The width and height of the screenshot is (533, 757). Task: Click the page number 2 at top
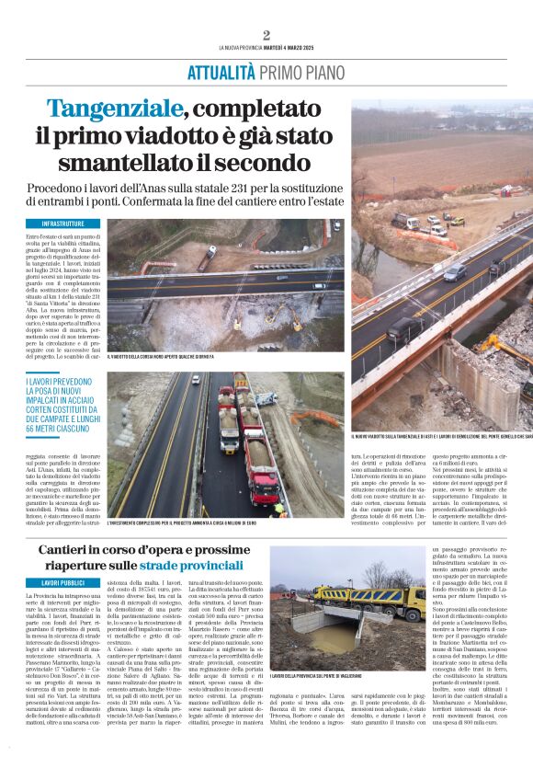coord(266,35)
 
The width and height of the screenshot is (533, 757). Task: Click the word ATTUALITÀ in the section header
coord(221,74)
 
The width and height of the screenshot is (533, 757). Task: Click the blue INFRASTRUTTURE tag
coord(63,224)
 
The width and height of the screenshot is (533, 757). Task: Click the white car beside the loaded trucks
coord(267,398)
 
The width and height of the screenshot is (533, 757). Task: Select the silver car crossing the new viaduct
coord(455,272)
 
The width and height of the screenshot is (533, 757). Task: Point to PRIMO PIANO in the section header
coord(303,74)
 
